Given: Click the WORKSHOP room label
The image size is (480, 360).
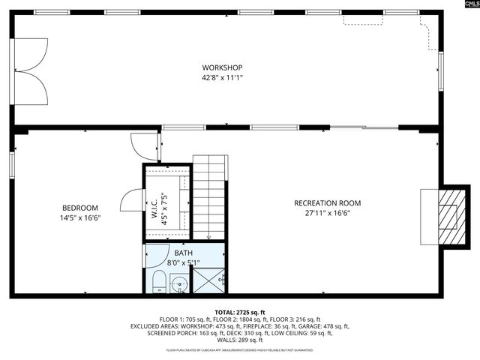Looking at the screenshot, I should [222, 68].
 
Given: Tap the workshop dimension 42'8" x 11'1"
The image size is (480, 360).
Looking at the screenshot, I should [222, 77].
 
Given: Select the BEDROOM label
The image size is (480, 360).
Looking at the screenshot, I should [80, 208].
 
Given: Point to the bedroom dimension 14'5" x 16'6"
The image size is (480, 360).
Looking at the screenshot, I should [80, 217].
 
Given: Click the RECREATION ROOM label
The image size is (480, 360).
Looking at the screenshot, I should [327, 203].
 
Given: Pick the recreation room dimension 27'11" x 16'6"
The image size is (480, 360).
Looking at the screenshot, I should [327, 213].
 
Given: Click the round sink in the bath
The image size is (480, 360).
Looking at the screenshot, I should [179, 283].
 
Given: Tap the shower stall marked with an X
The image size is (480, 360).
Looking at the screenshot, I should [210, 280].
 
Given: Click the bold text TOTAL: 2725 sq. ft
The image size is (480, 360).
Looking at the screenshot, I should [240, 312].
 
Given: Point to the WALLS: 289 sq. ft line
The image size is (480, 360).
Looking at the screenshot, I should [240, 340].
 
